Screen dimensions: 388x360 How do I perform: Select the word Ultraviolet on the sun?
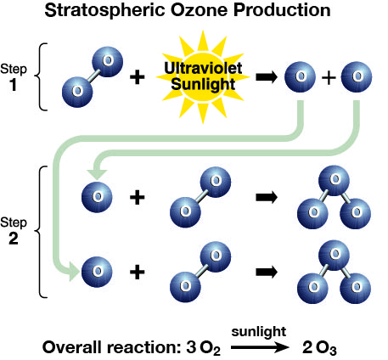click(203, 68)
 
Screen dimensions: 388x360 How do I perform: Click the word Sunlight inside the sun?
click(203, 85)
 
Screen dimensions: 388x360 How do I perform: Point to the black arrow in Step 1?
click(267, 77)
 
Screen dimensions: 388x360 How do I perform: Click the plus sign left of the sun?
click(138, 77)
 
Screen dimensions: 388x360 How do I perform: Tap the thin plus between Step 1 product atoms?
click(329, 77)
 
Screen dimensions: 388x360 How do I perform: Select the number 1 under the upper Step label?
click(13, 84)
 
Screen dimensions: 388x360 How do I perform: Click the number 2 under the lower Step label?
click(14, 239)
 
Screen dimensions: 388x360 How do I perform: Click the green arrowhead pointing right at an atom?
click(74, 272)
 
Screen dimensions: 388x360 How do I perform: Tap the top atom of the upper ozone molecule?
click(334, 181)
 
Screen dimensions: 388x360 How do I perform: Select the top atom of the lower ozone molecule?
click(334, 256)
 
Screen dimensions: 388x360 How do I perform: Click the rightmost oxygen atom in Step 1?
click(357, 77)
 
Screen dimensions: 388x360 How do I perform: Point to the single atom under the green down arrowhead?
click(97, 197)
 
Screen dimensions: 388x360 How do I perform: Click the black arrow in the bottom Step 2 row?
click(267, 272)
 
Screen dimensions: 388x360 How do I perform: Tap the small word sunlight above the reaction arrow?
click(259, 332)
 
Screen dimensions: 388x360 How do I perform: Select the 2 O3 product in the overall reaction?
click(319, 348)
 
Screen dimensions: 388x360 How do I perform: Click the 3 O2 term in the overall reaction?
click(204, 348)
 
